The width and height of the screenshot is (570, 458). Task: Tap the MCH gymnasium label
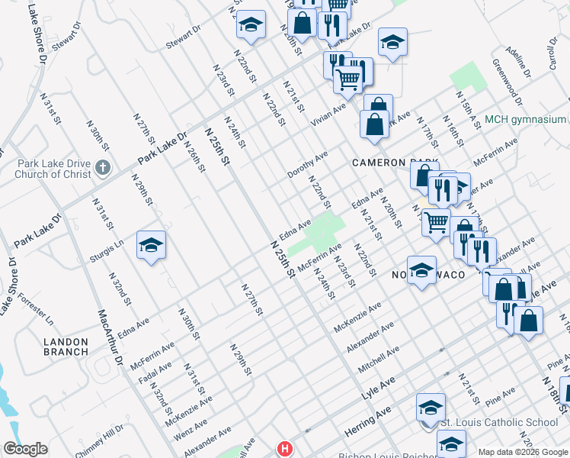(525, 119)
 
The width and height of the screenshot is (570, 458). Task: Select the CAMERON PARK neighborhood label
(395, 163)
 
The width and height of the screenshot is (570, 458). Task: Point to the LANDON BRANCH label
(66, 346)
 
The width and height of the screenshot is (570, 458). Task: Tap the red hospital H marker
(285, 449)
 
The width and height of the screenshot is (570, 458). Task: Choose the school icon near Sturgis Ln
(151, 245)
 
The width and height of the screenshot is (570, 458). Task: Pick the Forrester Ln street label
(35, 307)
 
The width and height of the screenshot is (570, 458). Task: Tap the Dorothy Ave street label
(307, 164)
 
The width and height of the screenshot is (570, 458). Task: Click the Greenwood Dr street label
(508, 82)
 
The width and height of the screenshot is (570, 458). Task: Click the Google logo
(25, 449)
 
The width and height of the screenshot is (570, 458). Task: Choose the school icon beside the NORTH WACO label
(421, 270)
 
